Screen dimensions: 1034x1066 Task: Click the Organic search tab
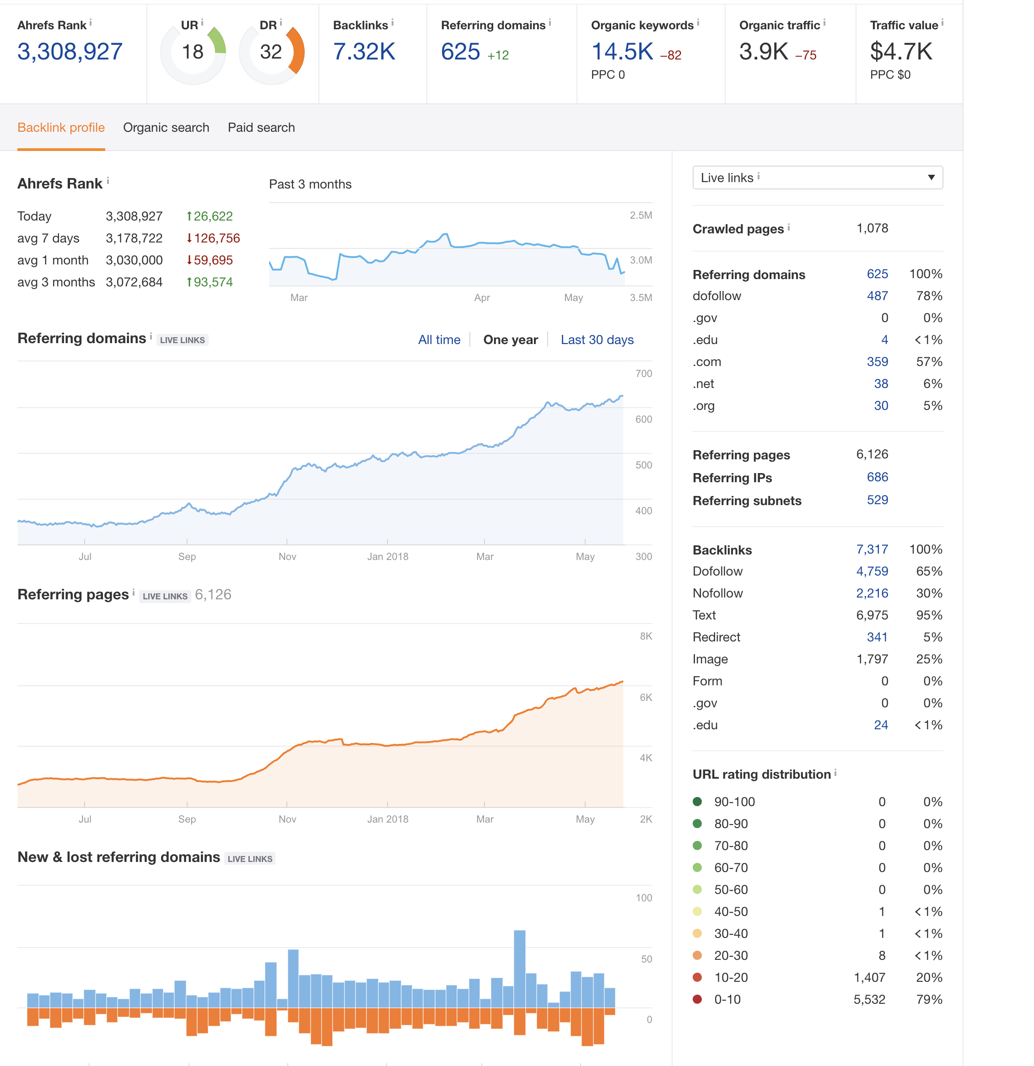pos(166,127)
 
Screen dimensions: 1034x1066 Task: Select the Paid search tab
pos(261,127)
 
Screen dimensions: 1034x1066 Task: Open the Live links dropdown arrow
pos(931,178)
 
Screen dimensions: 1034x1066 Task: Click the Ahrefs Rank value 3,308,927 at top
pos(70,52)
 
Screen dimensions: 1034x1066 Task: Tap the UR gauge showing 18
pos(193,52)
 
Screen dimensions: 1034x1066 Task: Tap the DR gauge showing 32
pos(271,52)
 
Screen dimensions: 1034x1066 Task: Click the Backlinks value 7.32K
pos(364,52)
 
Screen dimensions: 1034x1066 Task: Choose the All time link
pos(439,340)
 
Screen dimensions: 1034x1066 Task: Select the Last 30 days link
pos(597,340)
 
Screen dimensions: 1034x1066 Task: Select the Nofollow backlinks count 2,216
pos(872,593)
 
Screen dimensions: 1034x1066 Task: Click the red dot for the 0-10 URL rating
pos(697,999)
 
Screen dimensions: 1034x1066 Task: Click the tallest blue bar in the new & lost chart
pos(519,969)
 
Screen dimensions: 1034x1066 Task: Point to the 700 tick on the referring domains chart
pos(643,374)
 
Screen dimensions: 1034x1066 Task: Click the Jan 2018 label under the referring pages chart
pos(387,819)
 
